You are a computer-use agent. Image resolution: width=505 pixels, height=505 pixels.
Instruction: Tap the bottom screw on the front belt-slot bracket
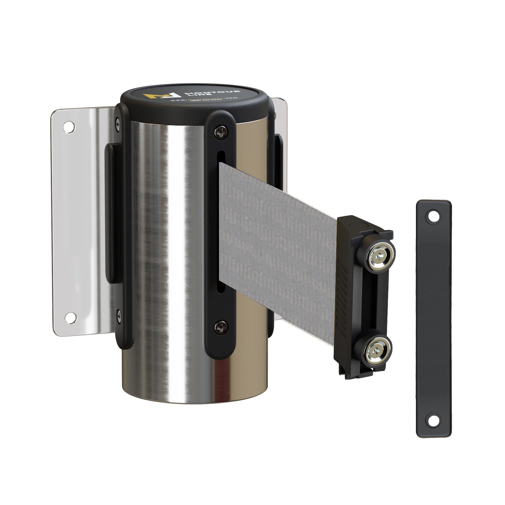(220, 327)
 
